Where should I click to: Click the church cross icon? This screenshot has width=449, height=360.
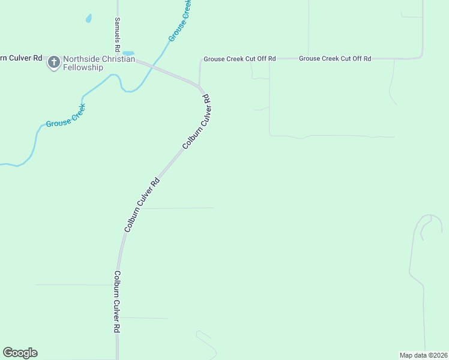coord(53,61)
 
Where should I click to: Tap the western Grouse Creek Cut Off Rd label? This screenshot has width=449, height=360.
coord(240,59)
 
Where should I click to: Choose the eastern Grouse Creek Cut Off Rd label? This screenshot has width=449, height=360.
coord(335,58)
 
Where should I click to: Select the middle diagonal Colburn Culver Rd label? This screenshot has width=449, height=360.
coord(142,205)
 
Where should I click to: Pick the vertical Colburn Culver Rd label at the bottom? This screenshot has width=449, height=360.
coord(118,302)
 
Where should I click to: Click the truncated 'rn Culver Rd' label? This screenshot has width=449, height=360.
coord(21,58)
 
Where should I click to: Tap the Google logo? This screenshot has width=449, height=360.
coord(20,353)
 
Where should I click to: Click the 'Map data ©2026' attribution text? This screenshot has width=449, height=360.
coord(423,355)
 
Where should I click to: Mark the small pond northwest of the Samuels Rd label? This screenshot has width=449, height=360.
coord(89,19)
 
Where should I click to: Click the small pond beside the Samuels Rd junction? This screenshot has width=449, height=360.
coord(128,53)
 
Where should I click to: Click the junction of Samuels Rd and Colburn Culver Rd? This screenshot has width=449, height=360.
coord(118,58)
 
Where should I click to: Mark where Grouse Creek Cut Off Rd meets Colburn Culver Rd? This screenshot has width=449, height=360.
coord(199,85)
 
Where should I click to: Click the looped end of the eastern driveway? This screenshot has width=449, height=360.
coord(431,222)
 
